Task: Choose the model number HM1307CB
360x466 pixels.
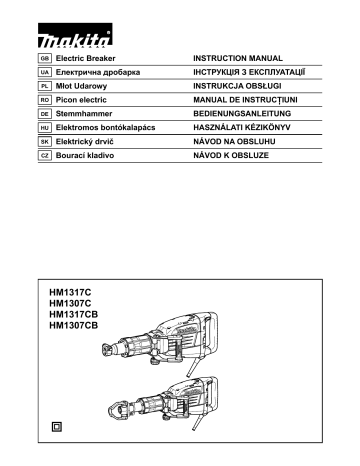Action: click(74, 324)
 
